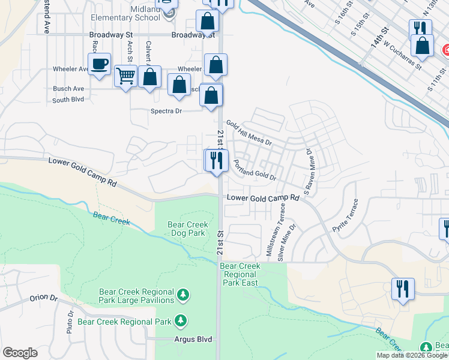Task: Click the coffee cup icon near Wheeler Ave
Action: [100, 64]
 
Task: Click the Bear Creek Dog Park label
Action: [187, 229]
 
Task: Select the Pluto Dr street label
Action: [70, 322]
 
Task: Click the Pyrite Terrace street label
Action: [349, 219]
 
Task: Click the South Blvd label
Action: [68, 100]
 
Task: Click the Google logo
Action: [20, 353]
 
